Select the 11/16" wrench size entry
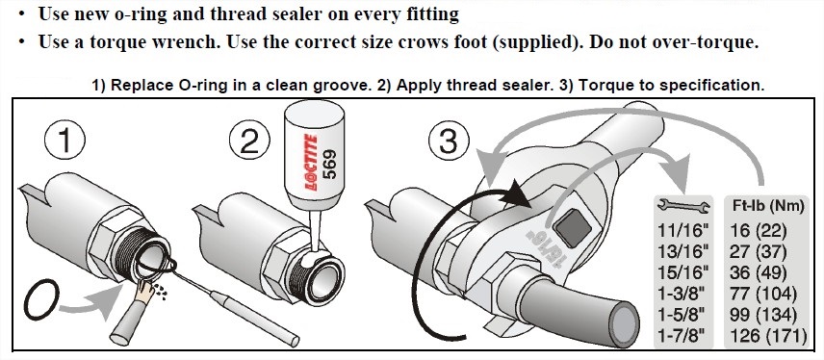[x=680, y=230]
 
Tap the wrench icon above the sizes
[x=681, y=206]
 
